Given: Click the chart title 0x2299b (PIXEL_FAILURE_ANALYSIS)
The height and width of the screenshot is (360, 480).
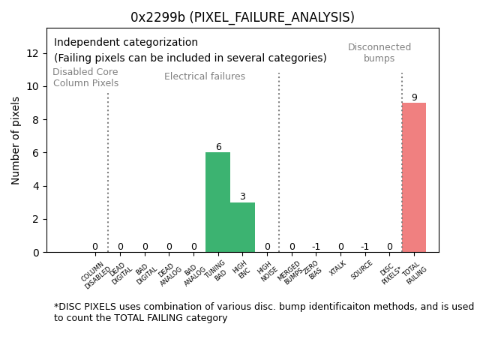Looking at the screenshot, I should click(x=242, y=17).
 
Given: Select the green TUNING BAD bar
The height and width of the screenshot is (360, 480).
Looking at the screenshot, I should click(x=217, y=202).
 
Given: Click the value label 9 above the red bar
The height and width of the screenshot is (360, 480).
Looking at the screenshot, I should click(x=414, y=97).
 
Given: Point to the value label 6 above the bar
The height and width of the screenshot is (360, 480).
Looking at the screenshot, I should click(x=218, y=147).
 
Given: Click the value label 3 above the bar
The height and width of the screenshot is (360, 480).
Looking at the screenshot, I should click(x=242, y=196).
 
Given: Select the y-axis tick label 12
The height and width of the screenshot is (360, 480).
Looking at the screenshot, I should click(x=33, y=53).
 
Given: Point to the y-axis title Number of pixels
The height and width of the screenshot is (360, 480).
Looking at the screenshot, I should click(x=16, y=140).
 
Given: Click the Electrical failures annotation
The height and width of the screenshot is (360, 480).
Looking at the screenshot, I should click(x=205, y=76).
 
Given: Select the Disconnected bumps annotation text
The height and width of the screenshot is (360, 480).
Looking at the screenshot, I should click(x=379, y=52).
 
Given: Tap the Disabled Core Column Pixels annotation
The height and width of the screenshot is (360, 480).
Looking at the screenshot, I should click(x=85, y=77).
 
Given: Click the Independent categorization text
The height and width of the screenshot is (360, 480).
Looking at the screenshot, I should click(x=126, y=43).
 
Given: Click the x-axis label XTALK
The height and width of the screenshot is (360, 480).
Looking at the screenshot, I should click(x=337, y=268).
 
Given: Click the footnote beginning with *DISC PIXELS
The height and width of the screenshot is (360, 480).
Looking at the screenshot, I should click(x=263, y=312).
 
